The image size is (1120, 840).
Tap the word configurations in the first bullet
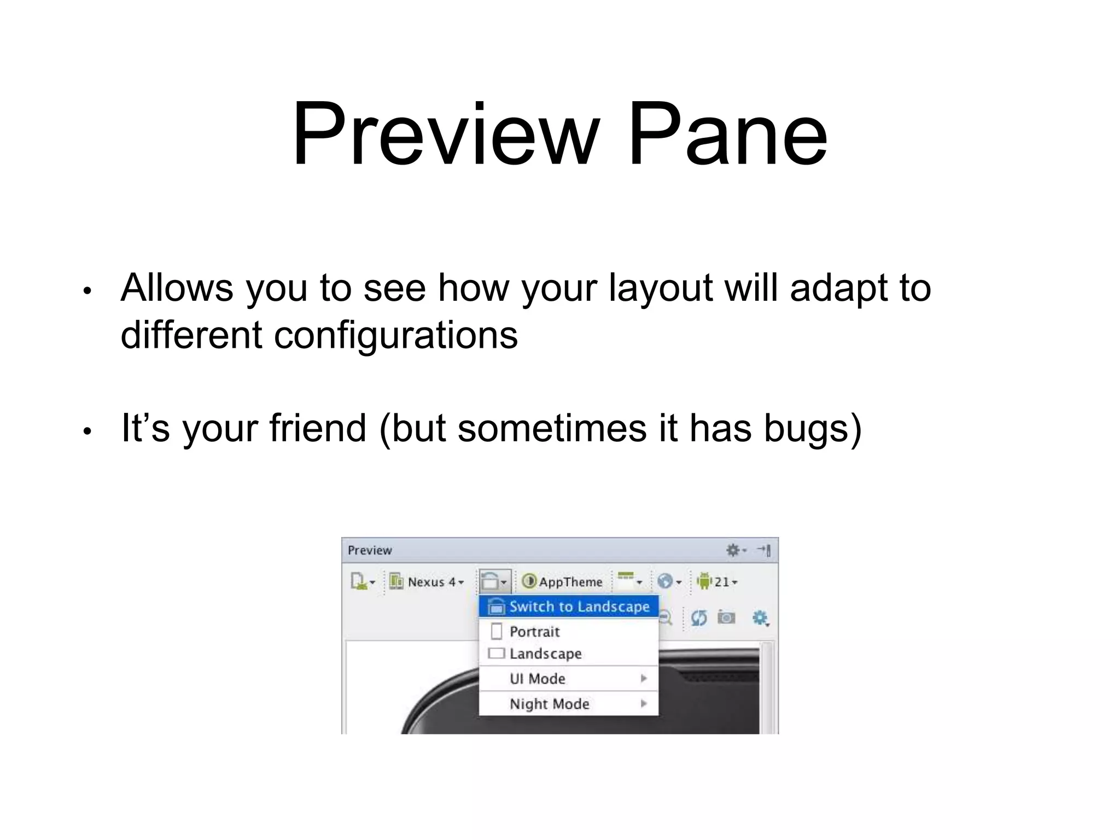[x=395, y=335]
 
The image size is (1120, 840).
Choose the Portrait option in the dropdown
[x=534, y=632]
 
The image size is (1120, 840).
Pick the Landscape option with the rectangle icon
[x=545, y=654]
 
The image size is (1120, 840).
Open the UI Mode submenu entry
[x=537, y=679]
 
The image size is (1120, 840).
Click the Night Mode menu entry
[x=549, y=704]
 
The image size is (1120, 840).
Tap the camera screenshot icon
[x=726, y=618]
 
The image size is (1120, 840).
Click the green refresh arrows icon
[x=699, y=618]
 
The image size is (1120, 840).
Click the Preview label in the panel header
[x=370, y=550]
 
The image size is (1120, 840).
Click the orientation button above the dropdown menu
[x=494, y=581]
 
